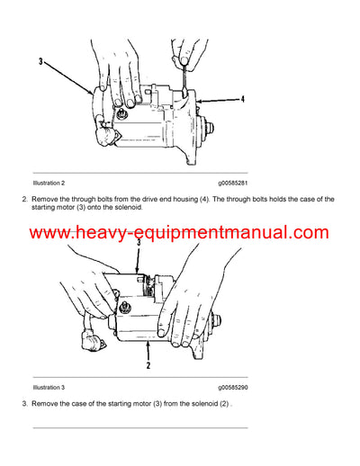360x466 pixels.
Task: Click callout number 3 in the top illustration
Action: (x=40, y=61)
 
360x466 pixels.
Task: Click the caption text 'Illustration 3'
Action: (x=50, y=386)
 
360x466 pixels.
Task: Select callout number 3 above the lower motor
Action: (x=137, y=242)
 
